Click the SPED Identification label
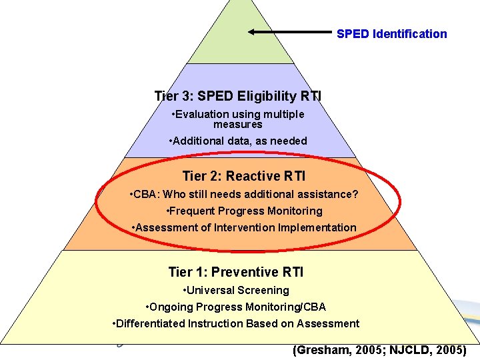pyautogui.click(x=391, y=34)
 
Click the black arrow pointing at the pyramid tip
pyautogui.click(x=289, y=31)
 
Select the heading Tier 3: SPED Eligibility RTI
pyautogui.click(x=237, y=96)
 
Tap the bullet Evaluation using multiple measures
pyautogui.click(x=238, y=119)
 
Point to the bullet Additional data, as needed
pyautogui.click(x=238, y=141)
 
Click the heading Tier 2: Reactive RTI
pyautogui.click(x=243, y=176)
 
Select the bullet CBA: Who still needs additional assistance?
pyautogui.click(x=243, y=195)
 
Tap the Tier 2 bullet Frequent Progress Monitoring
pyautogui.click(x=243, y=211)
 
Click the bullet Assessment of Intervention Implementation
pyautogui.click(x=243, y=227)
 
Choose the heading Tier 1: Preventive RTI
pyautogui.click(x=236, y=272)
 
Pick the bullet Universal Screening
pyautogui.click(x=236, y=290)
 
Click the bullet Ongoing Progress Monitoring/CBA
pyautogui.click(x=236, y=307)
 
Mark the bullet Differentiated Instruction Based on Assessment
pyautogui.click(x=236, y=323)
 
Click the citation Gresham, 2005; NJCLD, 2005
pyautogui.click(x=379, y=350)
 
